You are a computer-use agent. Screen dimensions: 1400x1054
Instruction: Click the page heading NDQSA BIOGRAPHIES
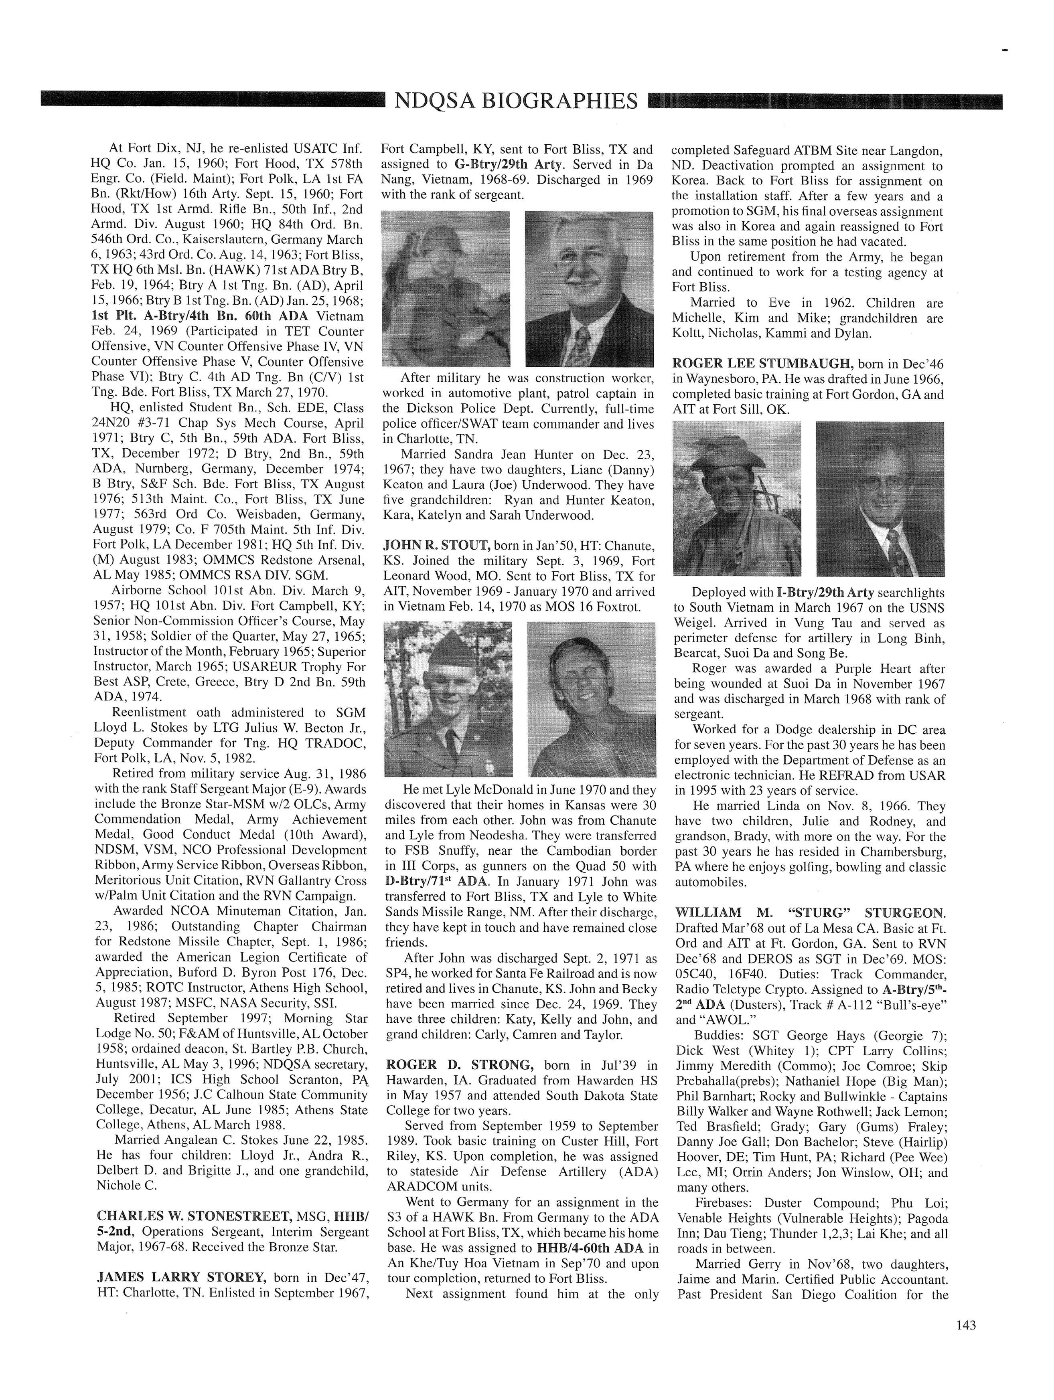pyautogui.click(x=516, y=101)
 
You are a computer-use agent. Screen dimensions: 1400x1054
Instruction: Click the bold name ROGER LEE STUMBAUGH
pyautogui.click(x=763, y=363)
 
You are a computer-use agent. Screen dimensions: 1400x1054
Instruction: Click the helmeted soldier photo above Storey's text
pyautogui.click(x=446, y=289)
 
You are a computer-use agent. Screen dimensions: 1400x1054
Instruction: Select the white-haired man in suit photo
pyautogui.click(x=589, y=289)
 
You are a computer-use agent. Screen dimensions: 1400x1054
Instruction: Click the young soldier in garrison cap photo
pyautogui.click(x=448, y=699)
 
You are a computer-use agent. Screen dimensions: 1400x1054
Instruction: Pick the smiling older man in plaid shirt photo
pyautogui.click(x=591, y=699)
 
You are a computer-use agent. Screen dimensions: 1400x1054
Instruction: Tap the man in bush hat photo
pyautogui.click(x=736, y=499)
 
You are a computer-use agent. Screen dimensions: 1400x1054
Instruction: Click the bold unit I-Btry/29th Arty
pyautogui.click(x=825, y=593)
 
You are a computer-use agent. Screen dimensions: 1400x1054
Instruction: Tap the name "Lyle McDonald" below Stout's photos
pyautogui.click(x=486, y=790)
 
